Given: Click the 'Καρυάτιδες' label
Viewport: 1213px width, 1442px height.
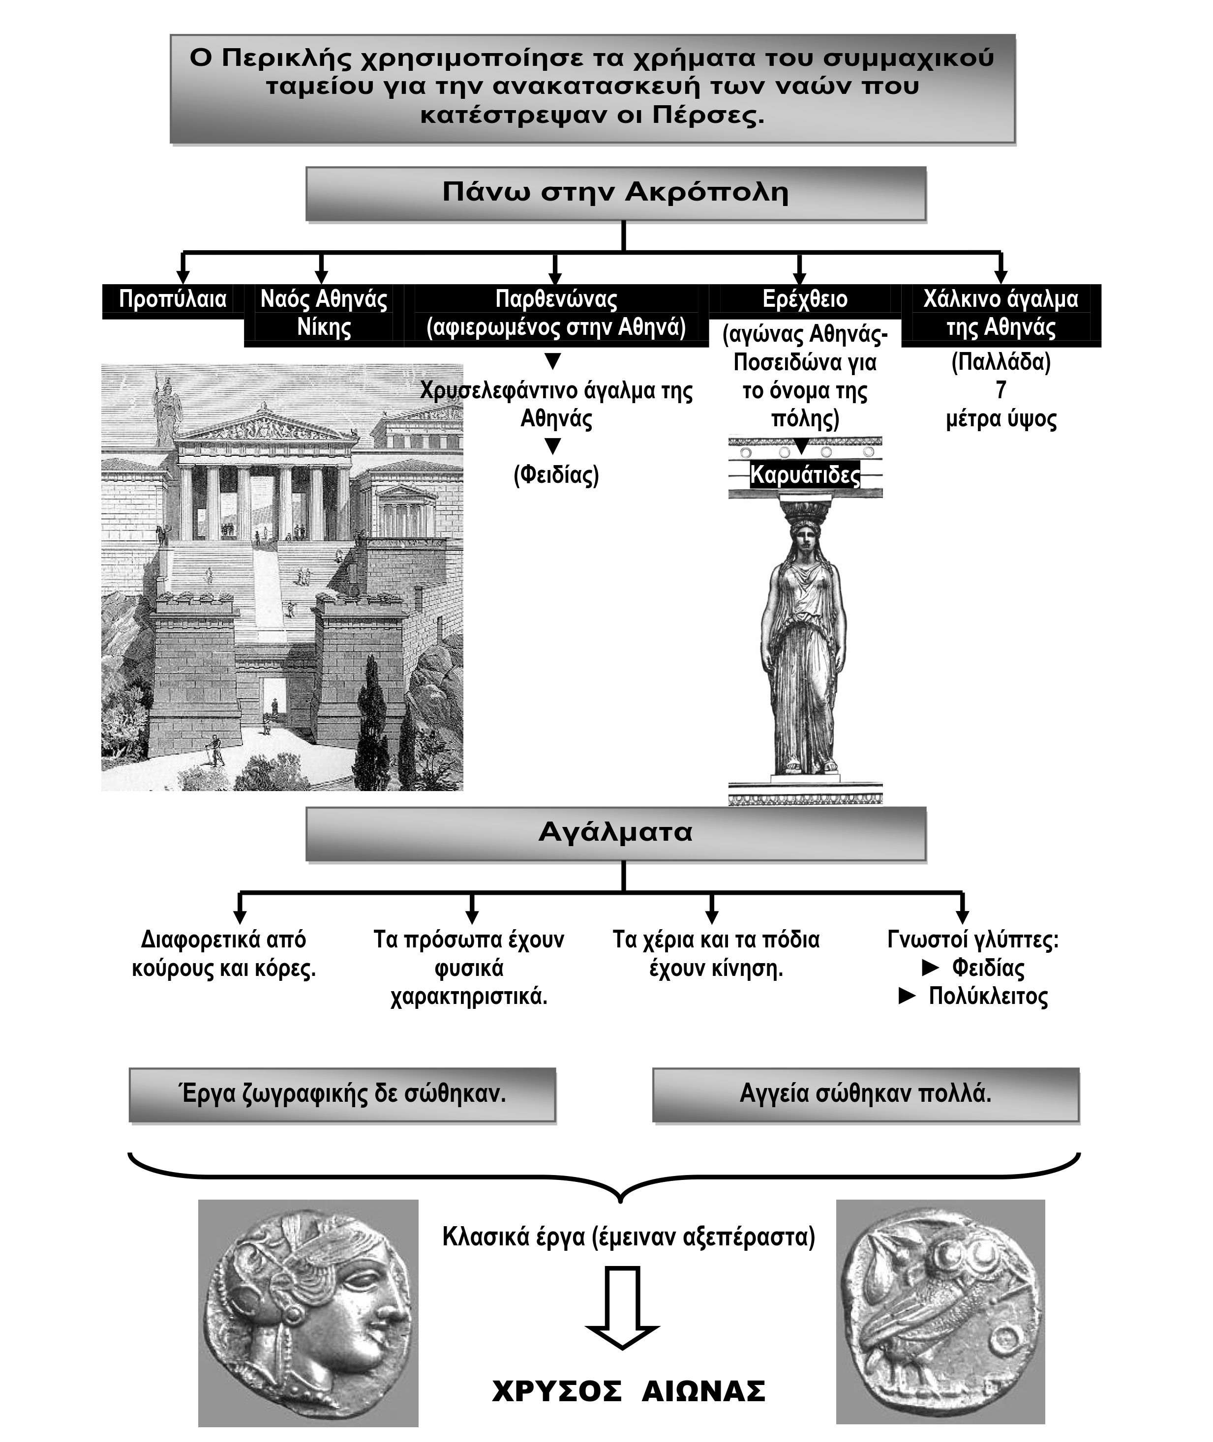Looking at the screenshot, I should [x=805, y=475].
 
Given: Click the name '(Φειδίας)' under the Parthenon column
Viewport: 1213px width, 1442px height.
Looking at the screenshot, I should [x=556, y=475].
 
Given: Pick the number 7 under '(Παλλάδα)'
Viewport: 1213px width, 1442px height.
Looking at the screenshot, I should [x=1001, y=390].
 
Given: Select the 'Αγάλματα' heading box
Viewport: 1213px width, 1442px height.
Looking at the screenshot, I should [x=615, y=832].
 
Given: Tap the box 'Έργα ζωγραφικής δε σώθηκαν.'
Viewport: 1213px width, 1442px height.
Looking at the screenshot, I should [x=342, y=1093].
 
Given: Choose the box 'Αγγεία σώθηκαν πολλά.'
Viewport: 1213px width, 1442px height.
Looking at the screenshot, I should [x=865, y=1093].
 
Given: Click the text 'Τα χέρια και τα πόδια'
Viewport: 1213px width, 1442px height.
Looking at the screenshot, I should [x=716, y=940].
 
